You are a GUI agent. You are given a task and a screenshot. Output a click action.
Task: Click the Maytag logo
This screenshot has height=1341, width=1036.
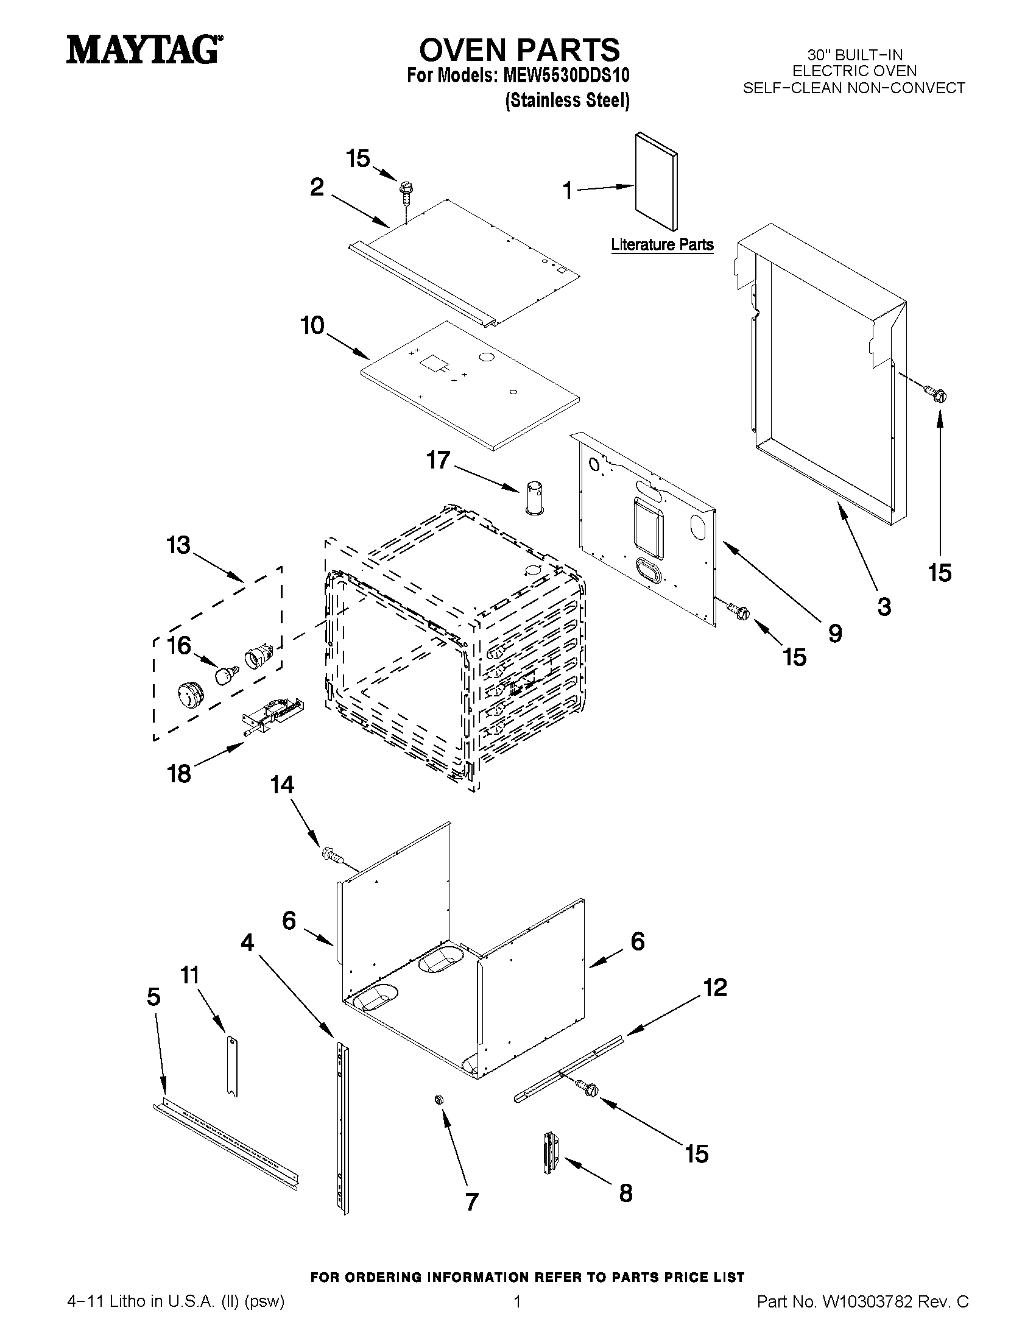pyautogui.click(x=144, y=50)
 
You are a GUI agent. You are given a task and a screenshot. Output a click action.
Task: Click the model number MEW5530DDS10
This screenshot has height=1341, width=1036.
pyautogui.click(x=566, y=76)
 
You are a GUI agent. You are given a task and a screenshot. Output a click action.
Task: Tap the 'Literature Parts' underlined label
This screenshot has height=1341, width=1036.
pyautogui.click(x=661, y=244)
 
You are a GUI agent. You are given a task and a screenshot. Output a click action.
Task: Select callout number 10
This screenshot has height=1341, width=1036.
pyautogui.click(x=312, y=325)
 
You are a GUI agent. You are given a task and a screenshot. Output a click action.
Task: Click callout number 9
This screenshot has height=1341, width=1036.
pyautogui.click(x=834, y=633)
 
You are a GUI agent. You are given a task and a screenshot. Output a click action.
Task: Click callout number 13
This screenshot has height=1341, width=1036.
pyautogui.click(x=178, y=545)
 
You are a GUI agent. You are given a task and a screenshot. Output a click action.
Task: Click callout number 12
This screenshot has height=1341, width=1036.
pyautogui.click(x=714, y=988)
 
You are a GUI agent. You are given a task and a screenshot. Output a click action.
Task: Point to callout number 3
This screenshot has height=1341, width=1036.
pyautogui.click(x=883, y=607)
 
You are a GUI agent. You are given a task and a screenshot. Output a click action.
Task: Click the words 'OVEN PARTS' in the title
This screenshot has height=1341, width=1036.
pyautogui.click(x=519, y=50)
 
